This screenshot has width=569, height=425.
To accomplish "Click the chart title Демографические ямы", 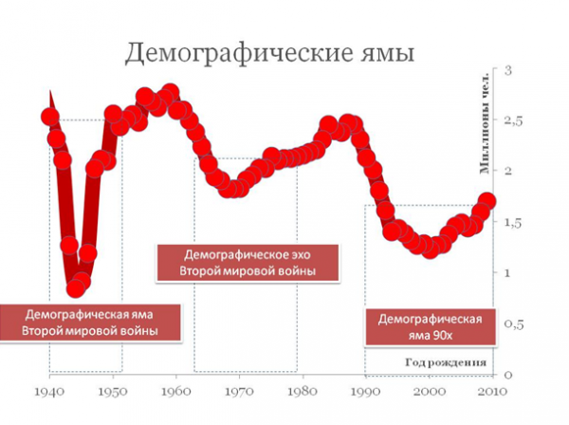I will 270,53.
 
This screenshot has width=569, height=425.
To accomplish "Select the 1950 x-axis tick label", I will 113,390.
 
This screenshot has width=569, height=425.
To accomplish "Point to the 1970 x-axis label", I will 239,390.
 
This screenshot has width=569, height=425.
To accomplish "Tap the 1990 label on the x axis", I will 366,390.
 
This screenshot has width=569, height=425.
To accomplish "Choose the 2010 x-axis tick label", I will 491,390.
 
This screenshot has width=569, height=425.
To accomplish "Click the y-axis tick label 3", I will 508,70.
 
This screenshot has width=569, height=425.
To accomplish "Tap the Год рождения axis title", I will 446,362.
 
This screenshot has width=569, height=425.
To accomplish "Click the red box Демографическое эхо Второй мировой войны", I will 247,264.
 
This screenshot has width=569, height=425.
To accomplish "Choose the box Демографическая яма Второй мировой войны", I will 90,322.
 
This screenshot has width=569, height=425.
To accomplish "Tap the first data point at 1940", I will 50,118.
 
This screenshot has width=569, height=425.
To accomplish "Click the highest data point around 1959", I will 170,93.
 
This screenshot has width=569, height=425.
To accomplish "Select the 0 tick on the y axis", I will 508,375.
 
